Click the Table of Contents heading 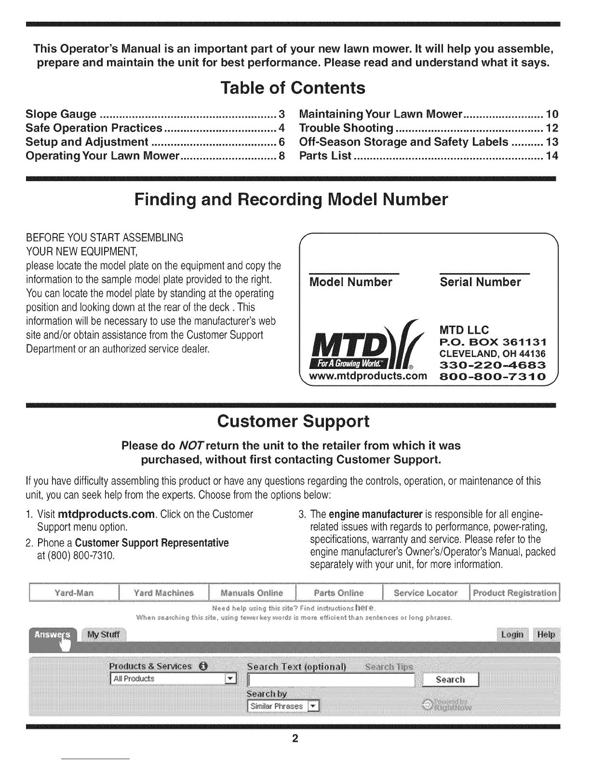click(293, 88)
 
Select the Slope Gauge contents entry click(61, 114)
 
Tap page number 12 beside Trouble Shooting click(552, 128)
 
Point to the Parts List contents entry click(325, 156)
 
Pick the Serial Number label click(480, 282)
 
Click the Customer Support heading click(293, 421)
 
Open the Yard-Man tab click(74, 592)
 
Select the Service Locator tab click(426, 592)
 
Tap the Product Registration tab click(515, 592)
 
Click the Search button click(450, 679)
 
